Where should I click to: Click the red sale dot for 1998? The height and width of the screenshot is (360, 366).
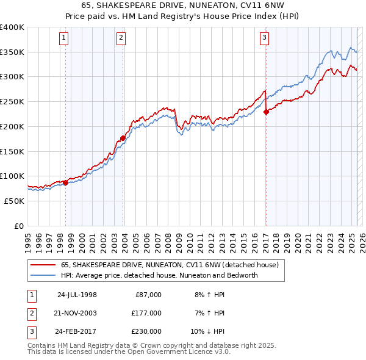point(66,182)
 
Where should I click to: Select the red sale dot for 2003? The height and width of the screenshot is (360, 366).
point(123,138)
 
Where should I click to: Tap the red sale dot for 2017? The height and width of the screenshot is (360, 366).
point(266,112)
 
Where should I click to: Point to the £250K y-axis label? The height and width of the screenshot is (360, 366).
point(12,102)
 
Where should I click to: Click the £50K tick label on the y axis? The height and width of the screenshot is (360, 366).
point(14,201)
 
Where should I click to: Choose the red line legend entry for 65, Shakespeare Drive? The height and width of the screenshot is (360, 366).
point(170,265)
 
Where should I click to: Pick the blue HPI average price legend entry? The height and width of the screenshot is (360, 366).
point(159,275)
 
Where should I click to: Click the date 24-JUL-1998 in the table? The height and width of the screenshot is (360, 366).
point(77,295)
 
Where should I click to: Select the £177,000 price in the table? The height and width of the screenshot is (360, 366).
point(146,313)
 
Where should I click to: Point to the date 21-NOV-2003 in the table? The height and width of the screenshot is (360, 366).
point(77,313)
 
